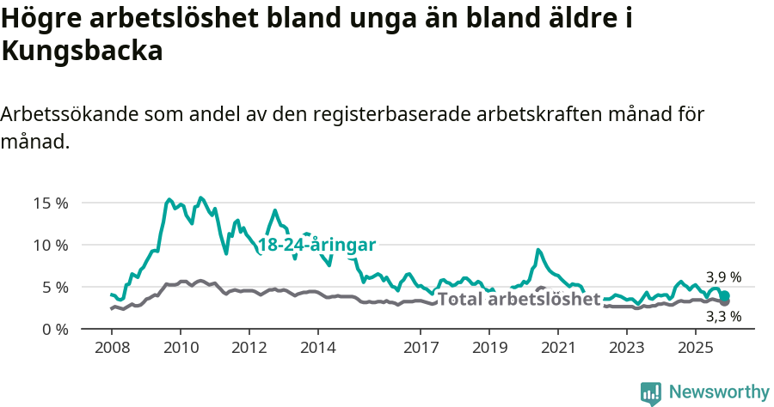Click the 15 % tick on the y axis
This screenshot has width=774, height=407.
[50, 203]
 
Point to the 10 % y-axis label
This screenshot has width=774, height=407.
[50, 246]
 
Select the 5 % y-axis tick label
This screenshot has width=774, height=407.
[53, 287]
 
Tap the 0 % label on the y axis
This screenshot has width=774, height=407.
[53, 329]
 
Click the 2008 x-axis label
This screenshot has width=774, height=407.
[112, 348]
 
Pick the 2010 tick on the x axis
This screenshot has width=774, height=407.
[181, 348]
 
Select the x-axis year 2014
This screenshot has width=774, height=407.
[317, 348]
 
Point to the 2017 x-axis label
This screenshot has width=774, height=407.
[421, 348]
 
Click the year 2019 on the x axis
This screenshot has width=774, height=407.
[489, 348]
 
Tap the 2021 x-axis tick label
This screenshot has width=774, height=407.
[558, 348]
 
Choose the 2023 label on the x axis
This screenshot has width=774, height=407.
[627, 348]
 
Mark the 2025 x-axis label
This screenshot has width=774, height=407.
[695, 348]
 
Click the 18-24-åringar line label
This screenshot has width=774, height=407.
[316, 245]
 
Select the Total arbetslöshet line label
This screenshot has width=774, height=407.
[519, 300]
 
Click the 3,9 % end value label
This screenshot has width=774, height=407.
[723, 277]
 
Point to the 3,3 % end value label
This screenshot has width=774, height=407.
[723, 316]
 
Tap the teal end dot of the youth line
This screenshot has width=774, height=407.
[725, 295]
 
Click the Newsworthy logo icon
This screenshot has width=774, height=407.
[651, 392]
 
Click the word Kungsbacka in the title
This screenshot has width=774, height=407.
[83, 52]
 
